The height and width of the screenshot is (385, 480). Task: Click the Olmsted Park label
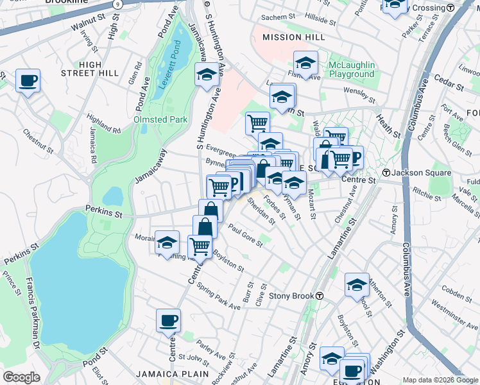(x=160, y=119)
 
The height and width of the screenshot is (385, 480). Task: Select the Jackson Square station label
(x=416, y=173)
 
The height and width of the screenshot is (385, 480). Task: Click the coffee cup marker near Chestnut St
(x=28, y=81)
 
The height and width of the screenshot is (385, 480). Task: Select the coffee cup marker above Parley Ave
(x=168, y=320)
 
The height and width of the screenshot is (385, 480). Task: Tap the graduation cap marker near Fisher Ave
(x=306, y=64)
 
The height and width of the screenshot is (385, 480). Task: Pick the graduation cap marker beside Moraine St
(x=167, y=243)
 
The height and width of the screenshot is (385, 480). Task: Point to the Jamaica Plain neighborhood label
(x=172, y=373)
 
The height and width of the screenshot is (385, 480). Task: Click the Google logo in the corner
(x=21, y=377)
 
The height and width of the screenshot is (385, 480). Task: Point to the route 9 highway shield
(x=117, y=4)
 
